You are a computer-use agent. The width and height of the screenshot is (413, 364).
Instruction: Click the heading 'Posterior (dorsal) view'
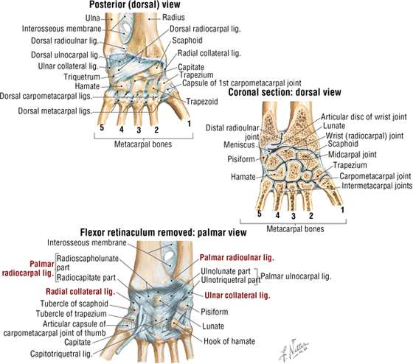coord(134,4)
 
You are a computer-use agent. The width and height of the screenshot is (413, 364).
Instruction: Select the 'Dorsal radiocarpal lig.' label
coord(205,29)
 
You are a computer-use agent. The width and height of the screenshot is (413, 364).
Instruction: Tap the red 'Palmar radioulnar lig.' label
coord(237,258)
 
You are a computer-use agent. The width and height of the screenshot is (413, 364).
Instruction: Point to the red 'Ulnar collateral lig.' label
coord(237,295)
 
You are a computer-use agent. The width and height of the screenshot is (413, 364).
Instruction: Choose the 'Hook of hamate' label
coord(229,341)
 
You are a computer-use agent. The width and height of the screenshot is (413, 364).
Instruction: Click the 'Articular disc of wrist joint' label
coord(364,116)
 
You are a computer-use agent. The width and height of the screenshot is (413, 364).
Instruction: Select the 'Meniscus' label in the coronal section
coord(239,144)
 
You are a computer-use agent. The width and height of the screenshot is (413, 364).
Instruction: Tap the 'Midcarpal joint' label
coord(353,155)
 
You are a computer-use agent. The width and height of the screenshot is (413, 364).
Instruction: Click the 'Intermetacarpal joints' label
coord(377,186)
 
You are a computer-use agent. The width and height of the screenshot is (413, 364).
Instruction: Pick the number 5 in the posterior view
coord(102,128)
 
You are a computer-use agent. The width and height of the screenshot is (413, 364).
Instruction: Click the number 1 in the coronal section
coord(342,210)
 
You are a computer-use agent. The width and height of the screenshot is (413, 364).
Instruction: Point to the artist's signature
coord(294,350)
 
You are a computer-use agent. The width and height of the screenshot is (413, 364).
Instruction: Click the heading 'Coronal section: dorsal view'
coord(285,92)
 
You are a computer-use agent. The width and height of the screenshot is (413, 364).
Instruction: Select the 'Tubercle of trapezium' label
coord(71,314)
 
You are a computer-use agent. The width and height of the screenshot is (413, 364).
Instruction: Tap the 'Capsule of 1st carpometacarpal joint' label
coord(242,83)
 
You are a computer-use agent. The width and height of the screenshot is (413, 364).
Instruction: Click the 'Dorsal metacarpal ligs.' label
coord(55,111)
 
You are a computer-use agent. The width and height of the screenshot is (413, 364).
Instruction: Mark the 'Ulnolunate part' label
coord(226,271)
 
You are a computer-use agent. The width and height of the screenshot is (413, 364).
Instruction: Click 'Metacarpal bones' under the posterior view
coord(143,144)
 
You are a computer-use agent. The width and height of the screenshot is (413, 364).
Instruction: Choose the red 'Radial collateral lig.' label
coord(80,292)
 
